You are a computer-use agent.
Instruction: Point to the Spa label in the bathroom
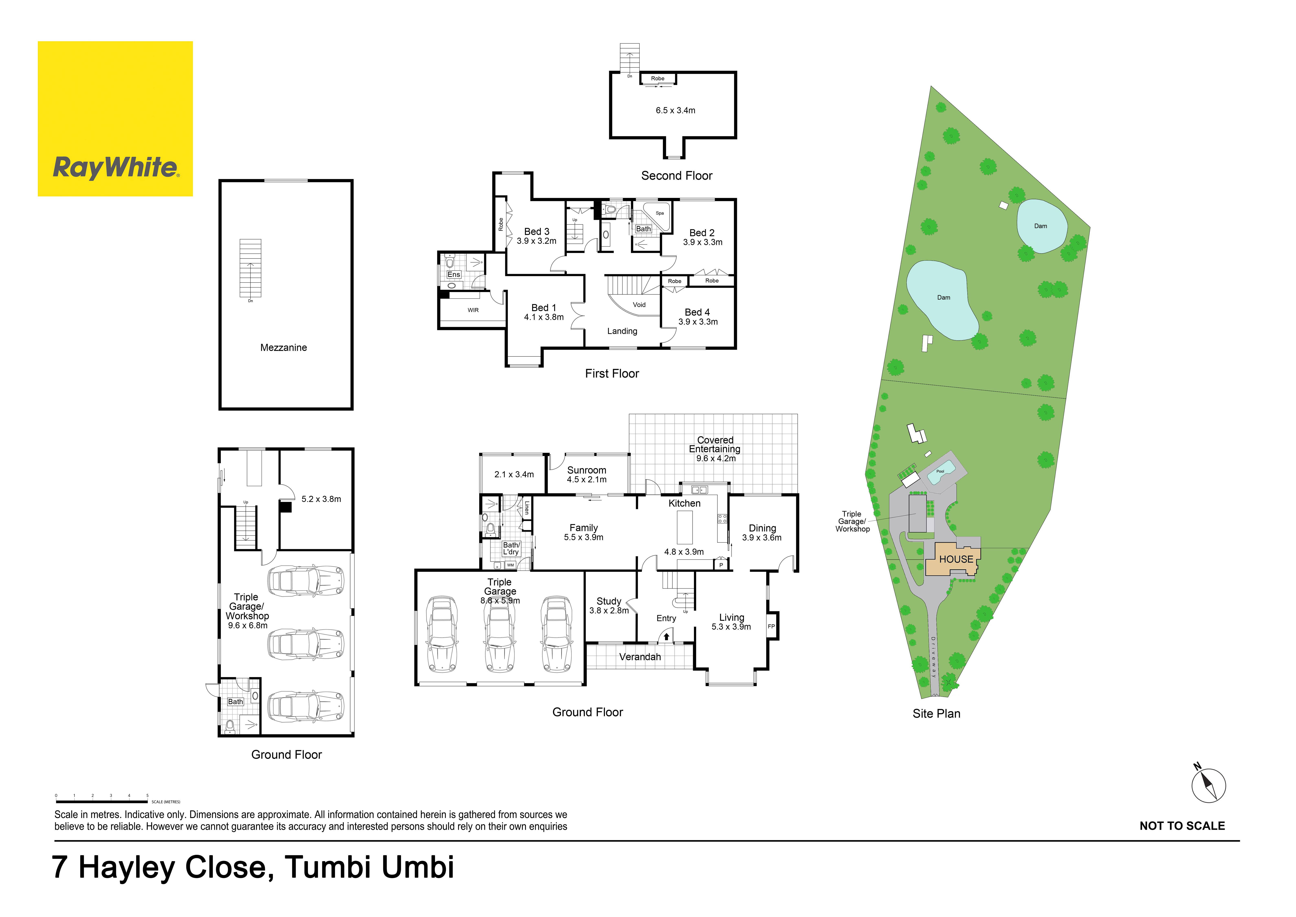click(x=659, y=213)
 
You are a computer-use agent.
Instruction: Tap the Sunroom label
click(x=586, y=470)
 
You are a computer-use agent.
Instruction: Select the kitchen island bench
click(x=685, y=527)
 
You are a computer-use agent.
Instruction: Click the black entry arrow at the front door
click(x=666, y=636)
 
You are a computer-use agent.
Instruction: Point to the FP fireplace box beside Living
click(x=772, y=626)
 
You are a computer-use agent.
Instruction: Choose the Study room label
click(x=608, y=601)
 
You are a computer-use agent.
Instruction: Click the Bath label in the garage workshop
click(x=235, y=701)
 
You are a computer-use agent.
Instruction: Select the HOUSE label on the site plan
click(x=956, y=559)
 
